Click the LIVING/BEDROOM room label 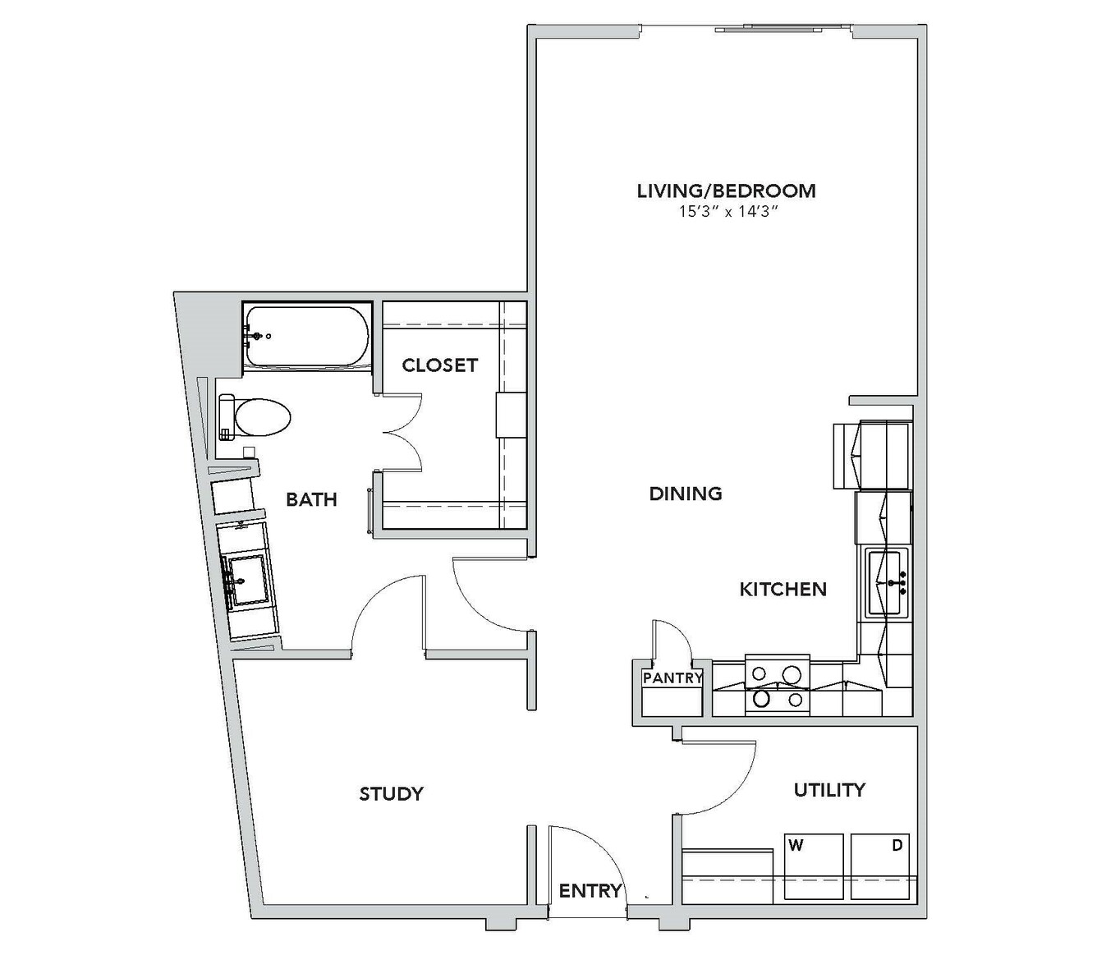point(726,191)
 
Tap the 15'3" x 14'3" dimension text point(728,212)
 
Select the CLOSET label point(439,365)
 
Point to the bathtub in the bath point(307,336)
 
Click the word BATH point(311,499)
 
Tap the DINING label point(686,494)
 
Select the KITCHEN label point(783,590)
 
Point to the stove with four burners point(777,686)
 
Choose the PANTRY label point(672,678)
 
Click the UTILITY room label point(829,790)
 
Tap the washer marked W point(814,866)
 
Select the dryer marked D point(880,866)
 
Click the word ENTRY point(590,891)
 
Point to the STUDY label point(392,793)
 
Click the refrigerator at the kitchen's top point(872,455)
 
